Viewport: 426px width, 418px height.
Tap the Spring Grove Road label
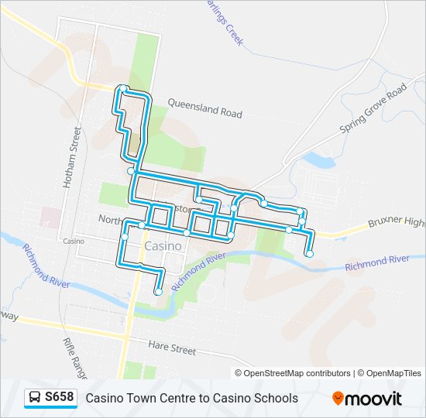click(373, 111)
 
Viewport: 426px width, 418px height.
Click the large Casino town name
click(163, 246)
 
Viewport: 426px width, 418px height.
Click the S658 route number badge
click(60, 398)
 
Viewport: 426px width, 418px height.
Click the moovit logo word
click(374, 399)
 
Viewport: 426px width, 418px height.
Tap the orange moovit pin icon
click(338, 399)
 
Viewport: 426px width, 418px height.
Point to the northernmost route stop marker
click(122, 89)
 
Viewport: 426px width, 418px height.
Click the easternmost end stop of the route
click(310, 253)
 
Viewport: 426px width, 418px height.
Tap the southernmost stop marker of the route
click(158, 292)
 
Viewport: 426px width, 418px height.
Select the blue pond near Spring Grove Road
click(318, 159)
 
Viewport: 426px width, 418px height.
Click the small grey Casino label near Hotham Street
click(74, 242)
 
